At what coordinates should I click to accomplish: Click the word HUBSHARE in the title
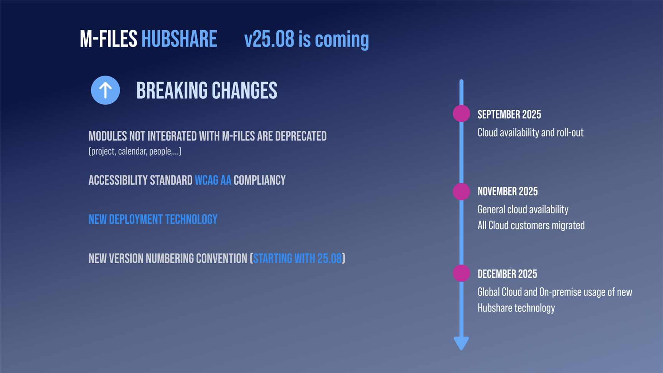click(x=179, y=39)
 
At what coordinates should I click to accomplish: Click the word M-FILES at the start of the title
click(x=108, y=39)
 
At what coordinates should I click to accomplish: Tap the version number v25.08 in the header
click(x=269, y=39)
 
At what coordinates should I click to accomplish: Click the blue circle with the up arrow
click(x=106, y=90)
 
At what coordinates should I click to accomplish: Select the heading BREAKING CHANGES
click(x=207, y=91)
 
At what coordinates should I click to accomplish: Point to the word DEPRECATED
click(x=301, y=136)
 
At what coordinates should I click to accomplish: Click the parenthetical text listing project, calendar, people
click(x=135, y=151)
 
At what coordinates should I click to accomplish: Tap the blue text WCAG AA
click(x=213, y=180)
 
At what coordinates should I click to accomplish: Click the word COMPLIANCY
click(x=260, y=180)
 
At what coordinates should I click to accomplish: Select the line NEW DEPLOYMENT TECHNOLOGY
click(x=153, y=220)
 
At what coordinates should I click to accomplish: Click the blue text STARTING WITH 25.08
click(x=297, y=259)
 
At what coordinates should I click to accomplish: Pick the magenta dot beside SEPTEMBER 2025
click(x=461, y=114)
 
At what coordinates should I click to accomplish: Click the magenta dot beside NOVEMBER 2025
click(x=461, y=191)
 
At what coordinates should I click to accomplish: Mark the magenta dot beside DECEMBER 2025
click(x=461, y=273)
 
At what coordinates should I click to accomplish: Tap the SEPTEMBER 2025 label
click(x=509, y=114)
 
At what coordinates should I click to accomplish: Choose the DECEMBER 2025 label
click(x=507, y=274)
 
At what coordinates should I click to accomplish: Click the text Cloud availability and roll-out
click(x=531, y=133)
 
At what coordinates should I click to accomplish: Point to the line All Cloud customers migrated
click(x=531, y=225)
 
